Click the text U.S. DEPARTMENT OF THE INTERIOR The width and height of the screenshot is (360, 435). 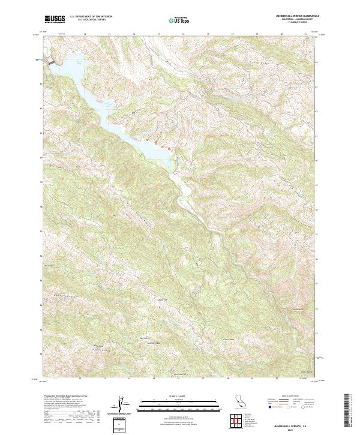pos(91,17)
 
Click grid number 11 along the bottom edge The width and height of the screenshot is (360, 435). pos(55,379)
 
